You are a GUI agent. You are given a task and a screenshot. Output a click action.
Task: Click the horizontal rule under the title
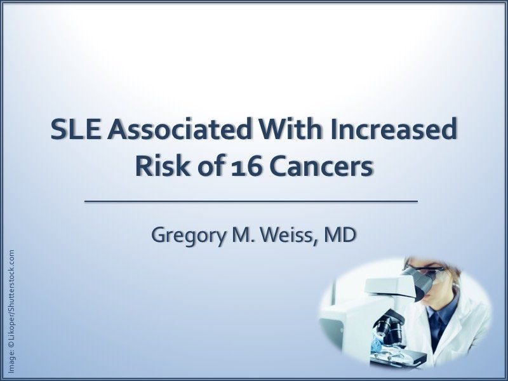(x=251, y=201)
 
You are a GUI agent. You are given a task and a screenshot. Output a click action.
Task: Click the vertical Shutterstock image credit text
(x=12, y=311)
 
